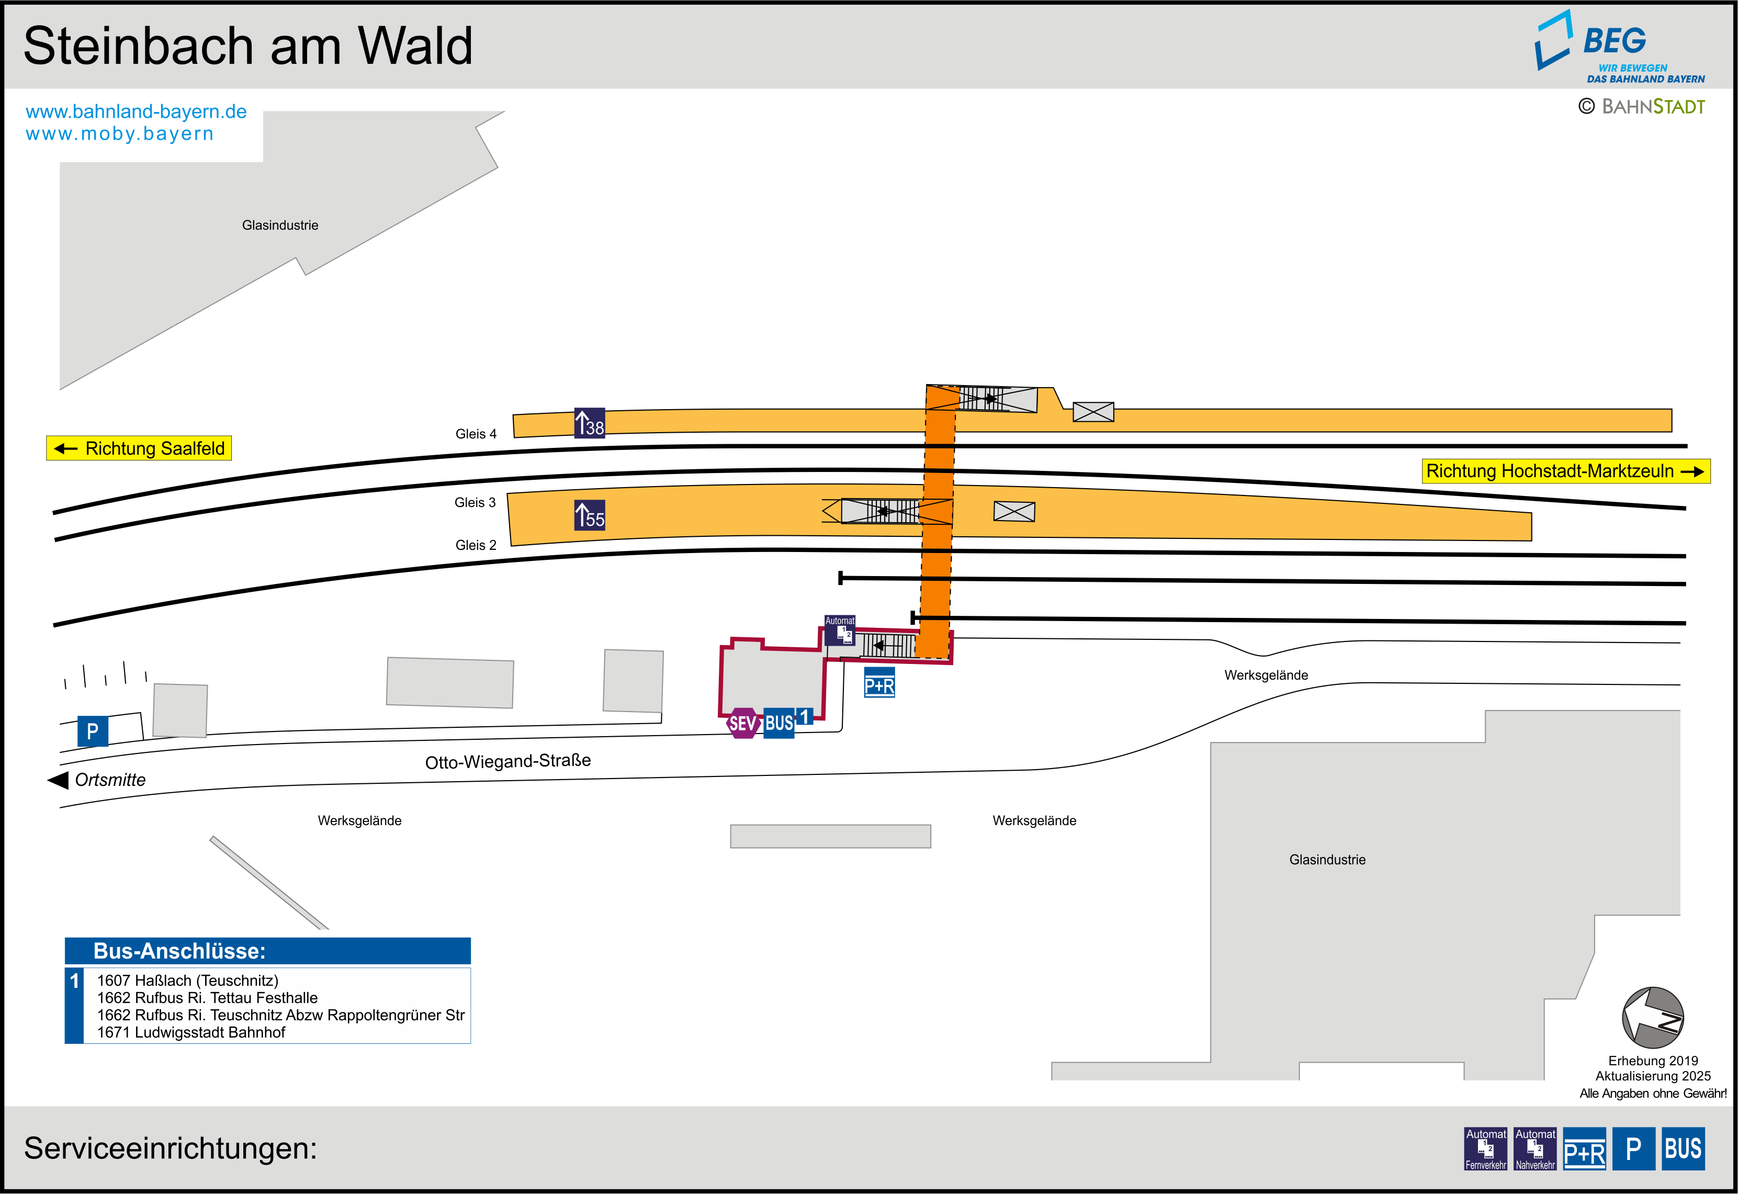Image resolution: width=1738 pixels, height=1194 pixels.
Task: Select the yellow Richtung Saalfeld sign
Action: tap(139, 448)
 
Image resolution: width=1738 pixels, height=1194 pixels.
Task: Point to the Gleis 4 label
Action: tap(476, 434)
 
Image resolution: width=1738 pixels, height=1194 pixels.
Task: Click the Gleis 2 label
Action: tap(476, 545)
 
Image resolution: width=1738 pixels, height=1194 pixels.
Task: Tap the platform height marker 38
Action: tap(589, 423)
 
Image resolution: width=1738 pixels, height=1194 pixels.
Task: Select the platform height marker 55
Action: tap(589, 515)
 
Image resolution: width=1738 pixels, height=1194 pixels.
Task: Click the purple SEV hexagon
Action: tap(742, 724)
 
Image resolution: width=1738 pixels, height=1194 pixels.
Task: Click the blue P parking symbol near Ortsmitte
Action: tap(93, 731)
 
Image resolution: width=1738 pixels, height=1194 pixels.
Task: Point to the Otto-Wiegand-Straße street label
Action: tap(508, 762)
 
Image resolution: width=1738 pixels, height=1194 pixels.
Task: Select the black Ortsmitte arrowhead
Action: tap(58, 780)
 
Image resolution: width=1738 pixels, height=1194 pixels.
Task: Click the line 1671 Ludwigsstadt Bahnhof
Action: tap(191, 1032)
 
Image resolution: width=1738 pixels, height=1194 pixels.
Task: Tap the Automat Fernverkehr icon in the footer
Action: tap(1485, 1148)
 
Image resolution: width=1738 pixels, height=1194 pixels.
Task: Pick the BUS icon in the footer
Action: tap(1683, 1148)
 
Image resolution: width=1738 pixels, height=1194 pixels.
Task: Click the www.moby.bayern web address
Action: tap(120, 134)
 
